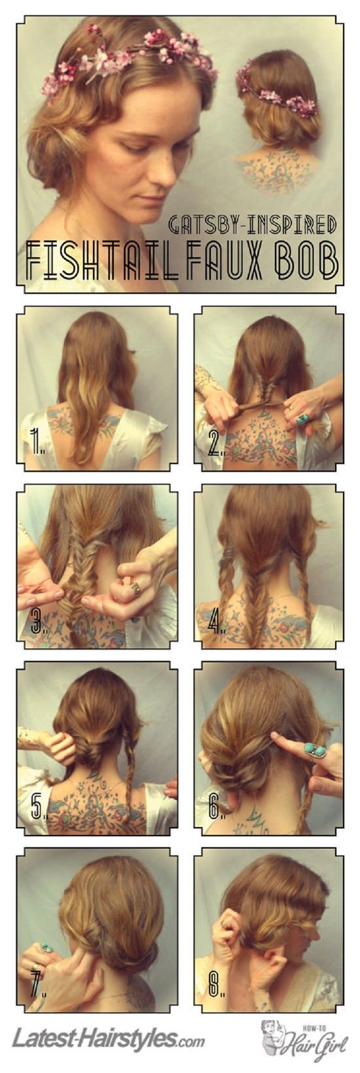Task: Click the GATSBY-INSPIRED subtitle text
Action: pos(252,224)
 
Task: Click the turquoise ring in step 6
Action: pos(314,748)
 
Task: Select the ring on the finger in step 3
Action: pos(136,588)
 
